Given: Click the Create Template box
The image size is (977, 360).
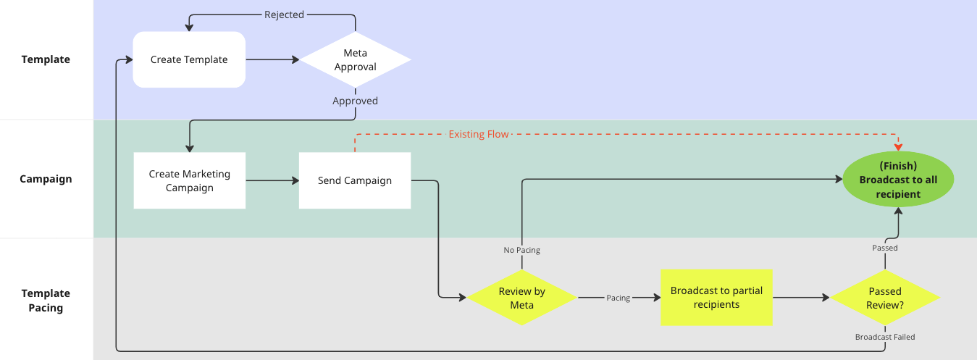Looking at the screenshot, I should pos(189,59).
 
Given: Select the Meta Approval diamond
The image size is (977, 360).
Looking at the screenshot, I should pos(356,59).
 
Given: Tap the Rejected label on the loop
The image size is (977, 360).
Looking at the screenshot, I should pos(284,14).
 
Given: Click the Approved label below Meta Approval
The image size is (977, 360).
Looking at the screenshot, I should pos(355,101).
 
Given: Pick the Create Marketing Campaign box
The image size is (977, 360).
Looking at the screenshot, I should pos(190,180).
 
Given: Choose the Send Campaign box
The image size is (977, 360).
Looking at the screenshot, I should pos(355,180).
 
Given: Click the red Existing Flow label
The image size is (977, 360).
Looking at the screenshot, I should pos(479,134).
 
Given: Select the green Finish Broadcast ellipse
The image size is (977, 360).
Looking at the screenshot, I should pos(898,180).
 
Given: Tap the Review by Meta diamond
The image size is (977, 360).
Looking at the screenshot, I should pos(521,298).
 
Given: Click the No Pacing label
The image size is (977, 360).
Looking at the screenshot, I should pos(521,250).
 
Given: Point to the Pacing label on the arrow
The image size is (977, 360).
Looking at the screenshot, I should pos(618,298).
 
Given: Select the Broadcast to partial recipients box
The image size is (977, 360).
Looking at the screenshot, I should pos(716,298).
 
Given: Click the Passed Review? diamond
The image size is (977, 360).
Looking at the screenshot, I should pos(884,298).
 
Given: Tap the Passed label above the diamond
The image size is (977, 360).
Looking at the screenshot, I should pos(884,248).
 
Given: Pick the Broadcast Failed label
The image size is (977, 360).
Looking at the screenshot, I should pos(884,337).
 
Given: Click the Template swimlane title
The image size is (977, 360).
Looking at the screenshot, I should pos(46,59).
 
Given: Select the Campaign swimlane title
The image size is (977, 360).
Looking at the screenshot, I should pos(46,179).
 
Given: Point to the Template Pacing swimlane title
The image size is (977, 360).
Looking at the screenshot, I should pos(46,301).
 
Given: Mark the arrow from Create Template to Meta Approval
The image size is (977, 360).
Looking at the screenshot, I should pos(272,59).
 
